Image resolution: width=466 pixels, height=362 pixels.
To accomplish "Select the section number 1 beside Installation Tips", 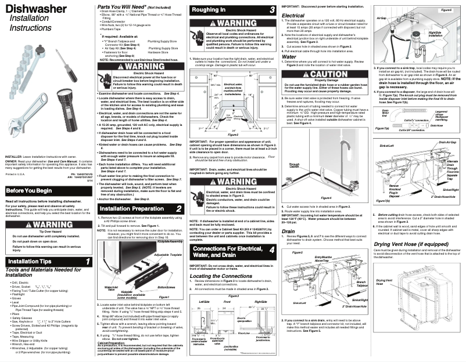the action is tap(87, 262).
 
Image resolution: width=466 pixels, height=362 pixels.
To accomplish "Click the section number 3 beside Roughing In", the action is tap(271, 10).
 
